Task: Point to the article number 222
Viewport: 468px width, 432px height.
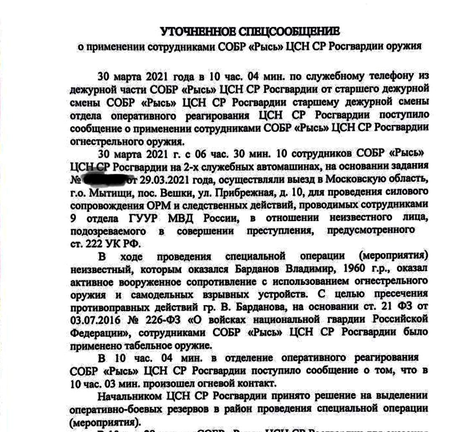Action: [94, 243]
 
